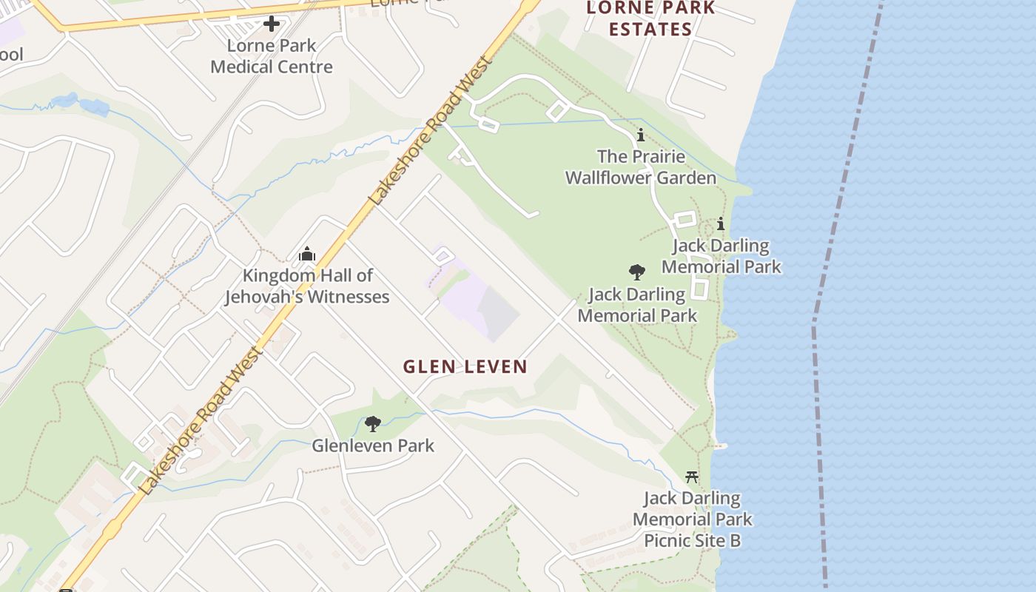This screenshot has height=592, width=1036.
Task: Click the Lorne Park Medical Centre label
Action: (x=272, y=56)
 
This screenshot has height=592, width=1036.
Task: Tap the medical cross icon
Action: (x=272, y=24)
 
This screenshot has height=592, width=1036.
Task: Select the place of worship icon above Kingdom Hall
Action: (x=307, y=255)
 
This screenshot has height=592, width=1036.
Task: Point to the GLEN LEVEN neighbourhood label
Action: (x=465, y=366)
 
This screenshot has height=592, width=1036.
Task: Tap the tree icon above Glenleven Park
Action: (x=373, y=424)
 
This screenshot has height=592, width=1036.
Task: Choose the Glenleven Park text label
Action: (x=373, y=445)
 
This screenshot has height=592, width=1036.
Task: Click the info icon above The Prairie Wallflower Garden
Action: (x=641, y=135)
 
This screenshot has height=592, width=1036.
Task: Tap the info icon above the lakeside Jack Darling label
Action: (x=720, y=223)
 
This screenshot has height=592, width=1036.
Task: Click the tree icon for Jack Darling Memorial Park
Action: (x=636, y=272)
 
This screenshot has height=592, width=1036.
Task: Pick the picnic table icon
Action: (x=692, y=477)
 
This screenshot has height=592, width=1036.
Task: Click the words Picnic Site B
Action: (x=692, y=540)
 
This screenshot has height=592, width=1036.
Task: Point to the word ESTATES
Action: (x=650, y=30)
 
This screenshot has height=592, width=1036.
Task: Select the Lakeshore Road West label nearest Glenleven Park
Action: (x=200, y=422)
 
